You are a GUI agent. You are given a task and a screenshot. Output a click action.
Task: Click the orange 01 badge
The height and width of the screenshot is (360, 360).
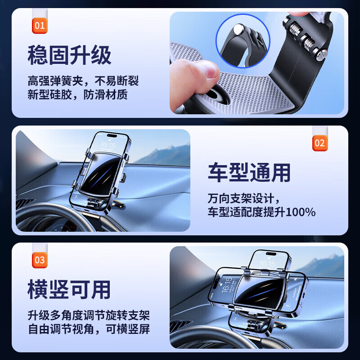[40, 25]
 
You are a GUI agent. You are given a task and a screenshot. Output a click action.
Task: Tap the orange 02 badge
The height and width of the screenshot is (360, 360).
[319, 143]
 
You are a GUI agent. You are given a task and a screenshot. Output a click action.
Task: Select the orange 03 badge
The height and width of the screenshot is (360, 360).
[40, 260]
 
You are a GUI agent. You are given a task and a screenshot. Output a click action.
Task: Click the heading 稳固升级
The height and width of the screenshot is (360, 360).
[69, 55]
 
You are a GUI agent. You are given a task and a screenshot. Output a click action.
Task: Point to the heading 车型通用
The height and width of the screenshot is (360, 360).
[249, 173]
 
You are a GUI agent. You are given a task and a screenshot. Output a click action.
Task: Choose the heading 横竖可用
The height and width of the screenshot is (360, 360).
[69, 289]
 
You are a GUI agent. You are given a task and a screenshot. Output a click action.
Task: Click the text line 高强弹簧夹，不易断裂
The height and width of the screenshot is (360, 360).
[83, 81]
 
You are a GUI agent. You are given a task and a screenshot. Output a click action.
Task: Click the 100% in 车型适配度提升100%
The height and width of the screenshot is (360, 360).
[300, 212]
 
